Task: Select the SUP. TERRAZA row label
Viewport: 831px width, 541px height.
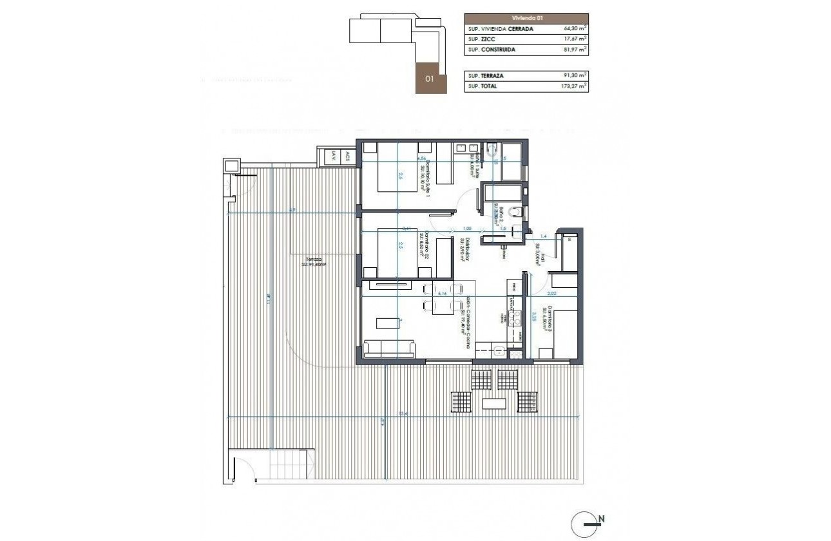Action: [x=486, y=76]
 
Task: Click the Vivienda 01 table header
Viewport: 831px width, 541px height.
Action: [x=526, y=19]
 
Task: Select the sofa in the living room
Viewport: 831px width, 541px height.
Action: [x=389, y=349]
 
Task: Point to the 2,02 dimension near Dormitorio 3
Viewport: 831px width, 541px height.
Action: [x=552, y=293]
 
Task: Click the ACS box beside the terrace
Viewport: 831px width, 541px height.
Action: [x=347, y=156]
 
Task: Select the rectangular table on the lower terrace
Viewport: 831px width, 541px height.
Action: [x=495, y=404]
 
